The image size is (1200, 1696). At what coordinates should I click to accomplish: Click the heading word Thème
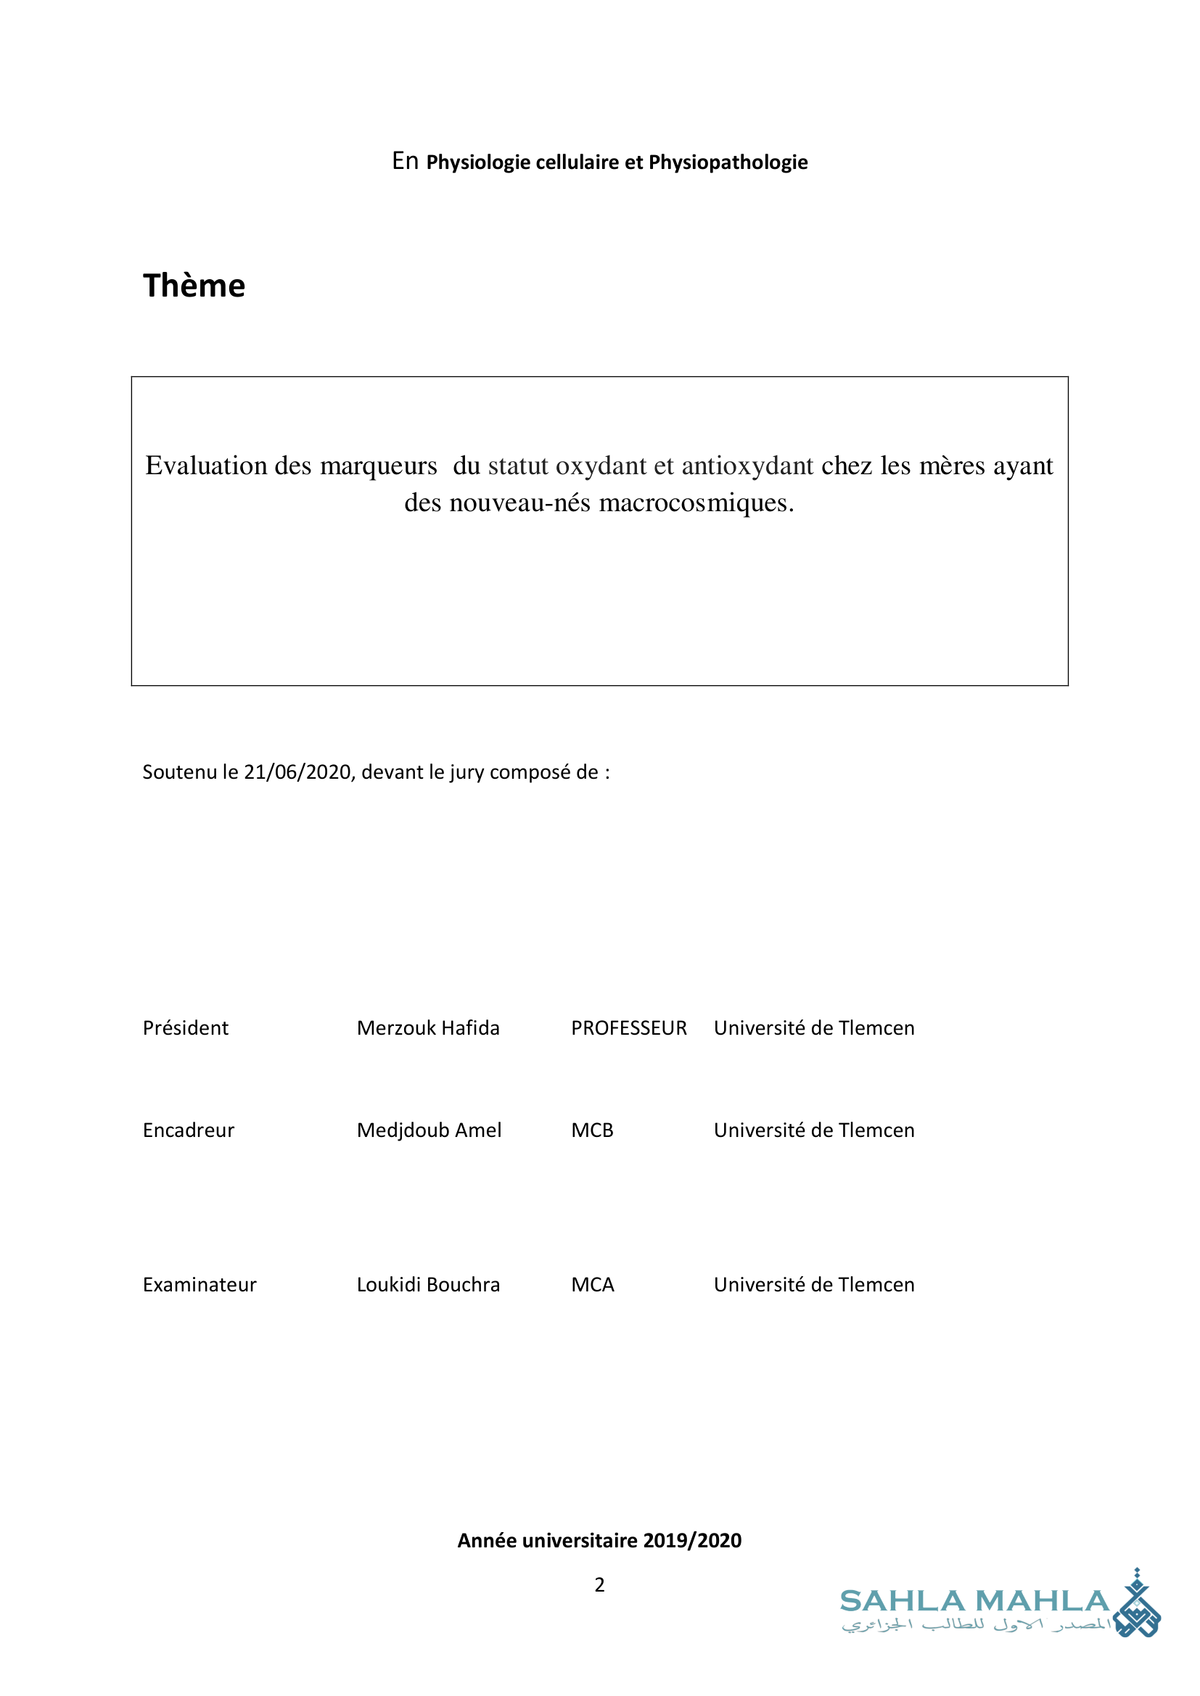tap(194, 286)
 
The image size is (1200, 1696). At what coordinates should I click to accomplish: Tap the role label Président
tap(186, 1028)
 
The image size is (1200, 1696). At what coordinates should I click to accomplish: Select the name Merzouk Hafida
tap(428, 1028)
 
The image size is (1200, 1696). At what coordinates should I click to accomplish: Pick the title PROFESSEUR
tap(629, 1028)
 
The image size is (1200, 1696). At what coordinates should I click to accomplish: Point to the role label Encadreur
tap(189, 1130)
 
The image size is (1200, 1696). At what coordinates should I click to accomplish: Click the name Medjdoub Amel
tap(429, 1130)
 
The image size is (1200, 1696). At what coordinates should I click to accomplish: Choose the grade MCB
tap(592, 1130)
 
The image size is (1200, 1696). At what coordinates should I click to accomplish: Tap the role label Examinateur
tap(200, 1285)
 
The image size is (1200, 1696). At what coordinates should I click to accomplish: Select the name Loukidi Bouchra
tap(428, 1285)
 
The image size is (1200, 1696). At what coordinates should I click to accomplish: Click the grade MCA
tap(593, 1285)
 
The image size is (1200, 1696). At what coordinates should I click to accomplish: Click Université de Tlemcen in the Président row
tap(813, 1028)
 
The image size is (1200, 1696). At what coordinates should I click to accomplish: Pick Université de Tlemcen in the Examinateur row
tap(813, 1285)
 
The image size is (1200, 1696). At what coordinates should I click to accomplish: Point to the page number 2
tap(599, 1584)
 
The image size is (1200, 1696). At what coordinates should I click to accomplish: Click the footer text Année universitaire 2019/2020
tap(599, 1540)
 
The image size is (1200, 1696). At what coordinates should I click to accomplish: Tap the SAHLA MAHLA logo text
tap(974, 1602)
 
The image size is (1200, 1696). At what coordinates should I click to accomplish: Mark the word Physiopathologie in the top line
tap(728, 162)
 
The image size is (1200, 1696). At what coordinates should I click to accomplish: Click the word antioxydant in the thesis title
tap(747, 466)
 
